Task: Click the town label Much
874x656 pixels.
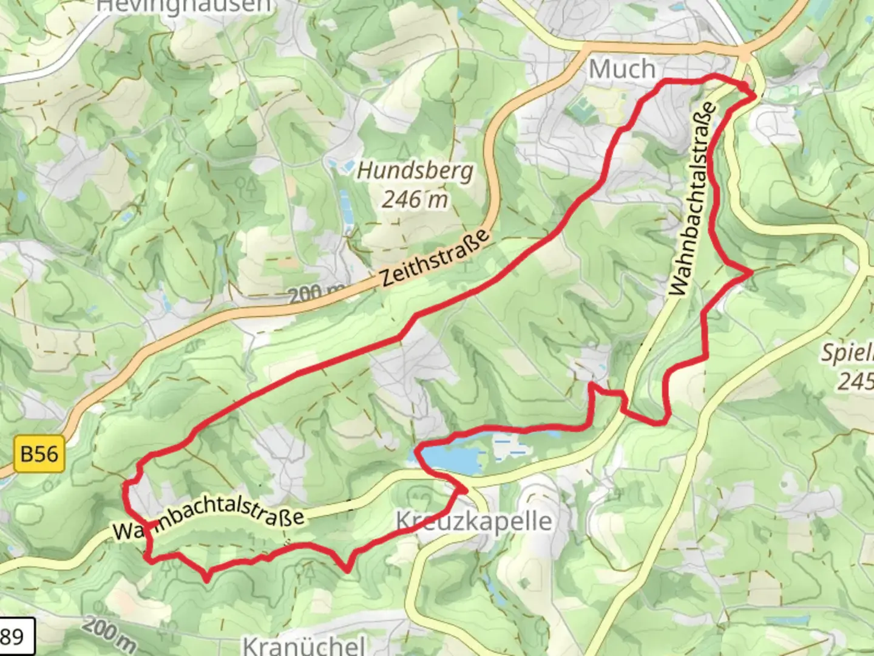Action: pyautogui.click(x=622, y=69)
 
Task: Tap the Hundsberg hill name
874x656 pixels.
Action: pyautogui.click(x=415, y=171)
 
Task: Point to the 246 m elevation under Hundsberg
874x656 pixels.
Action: pyautogui.click(x=415, y=199)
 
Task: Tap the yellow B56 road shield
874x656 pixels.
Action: pyautogui.click(x=39, y=454)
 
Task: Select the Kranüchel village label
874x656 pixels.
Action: pyautogui.click(x=304, y=644)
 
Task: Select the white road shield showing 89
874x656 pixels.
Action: pyautogui.click(x=13, y=637)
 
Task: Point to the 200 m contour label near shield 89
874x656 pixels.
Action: pyautogui.click(x=109, y=634)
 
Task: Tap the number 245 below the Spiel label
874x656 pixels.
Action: pyautogui.click(x=855, y=381)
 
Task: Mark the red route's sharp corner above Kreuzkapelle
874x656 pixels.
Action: pyautogui.click(x=464, y=489)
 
